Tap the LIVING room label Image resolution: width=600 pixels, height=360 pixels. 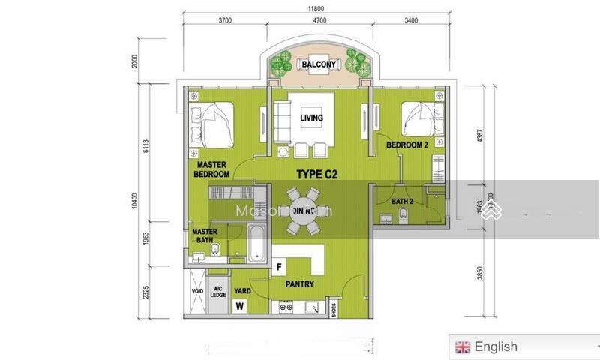311,118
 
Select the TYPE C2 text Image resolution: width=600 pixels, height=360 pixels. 317,174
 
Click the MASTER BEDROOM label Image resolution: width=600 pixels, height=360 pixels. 212,169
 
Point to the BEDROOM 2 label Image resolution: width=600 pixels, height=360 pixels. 406,145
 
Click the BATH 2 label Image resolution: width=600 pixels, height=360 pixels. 402,201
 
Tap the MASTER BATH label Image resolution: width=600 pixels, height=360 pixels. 205,236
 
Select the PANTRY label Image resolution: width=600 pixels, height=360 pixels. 299,285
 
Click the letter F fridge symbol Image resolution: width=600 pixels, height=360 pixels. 279,266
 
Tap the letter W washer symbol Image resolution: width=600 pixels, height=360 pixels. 240,305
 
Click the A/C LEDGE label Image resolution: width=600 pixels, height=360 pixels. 219,291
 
